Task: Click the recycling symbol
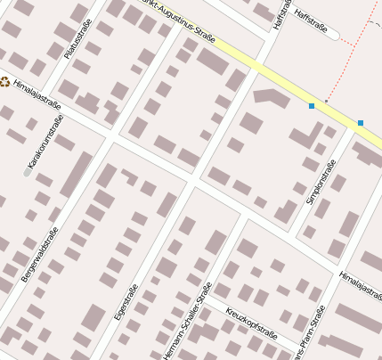pyautogui.click(x=4, y=82)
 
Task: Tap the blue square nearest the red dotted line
pyautogui.click(x=312, y=106)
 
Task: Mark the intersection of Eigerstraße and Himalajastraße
pyautogui.click(x=191, y=181)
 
